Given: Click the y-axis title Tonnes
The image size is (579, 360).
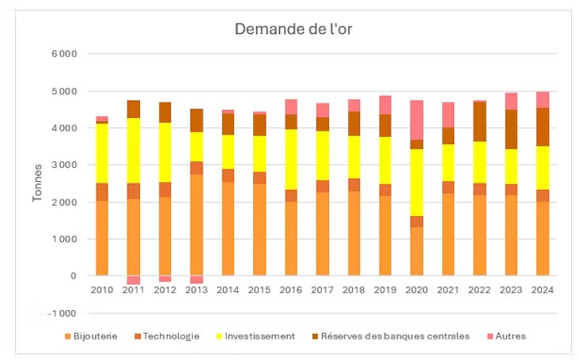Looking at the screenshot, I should coord(37,184).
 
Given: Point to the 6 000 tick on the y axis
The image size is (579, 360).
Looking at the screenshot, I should coord(63,54).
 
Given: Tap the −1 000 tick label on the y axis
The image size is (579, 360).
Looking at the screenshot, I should coord(62,313).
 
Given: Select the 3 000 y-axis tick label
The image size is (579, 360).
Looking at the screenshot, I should coord(63,165).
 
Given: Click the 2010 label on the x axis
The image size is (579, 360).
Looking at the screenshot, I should coord(102,290).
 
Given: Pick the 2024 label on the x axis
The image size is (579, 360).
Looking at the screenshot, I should coord(543,290).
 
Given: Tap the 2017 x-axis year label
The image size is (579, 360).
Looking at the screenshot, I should coord(322,290).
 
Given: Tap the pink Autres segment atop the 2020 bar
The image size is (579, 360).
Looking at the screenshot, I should coord(417,120).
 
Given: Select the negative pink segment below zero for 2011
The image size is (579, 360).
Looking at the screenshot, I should coord(134,280).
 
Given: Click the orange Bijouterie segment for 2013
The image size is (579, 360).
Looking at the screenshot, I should coord(196,225).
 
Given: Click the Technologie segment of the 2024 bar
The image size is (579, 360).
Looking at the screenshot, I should coord(543,195).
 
